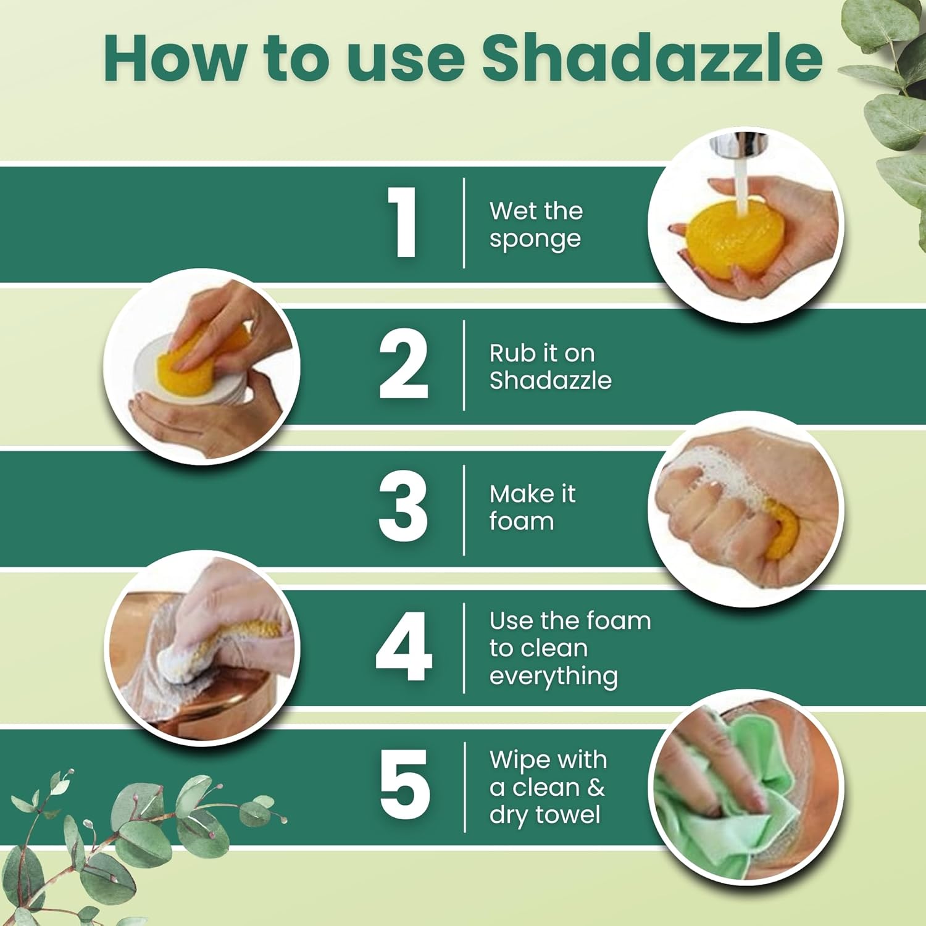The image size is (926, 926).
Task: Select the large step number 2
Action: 403,364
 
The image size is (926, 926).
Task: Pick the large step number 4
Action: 403,647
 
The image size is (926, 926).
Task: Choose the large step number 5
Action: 404,785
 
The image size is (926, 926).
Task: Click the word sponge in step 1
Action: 535,240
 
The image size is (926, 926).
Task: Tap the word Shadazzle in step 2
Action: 550,380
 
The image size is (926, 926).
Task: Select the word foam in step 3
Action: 522,522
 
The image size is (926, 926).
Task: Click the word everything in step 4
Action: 553,677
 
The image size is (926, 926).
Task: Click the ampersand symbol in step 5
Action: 596,788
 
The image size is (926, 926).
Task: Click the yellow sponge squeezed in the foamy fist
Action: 782,528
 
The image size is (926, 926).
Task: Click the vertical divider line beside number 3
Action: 464,510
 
